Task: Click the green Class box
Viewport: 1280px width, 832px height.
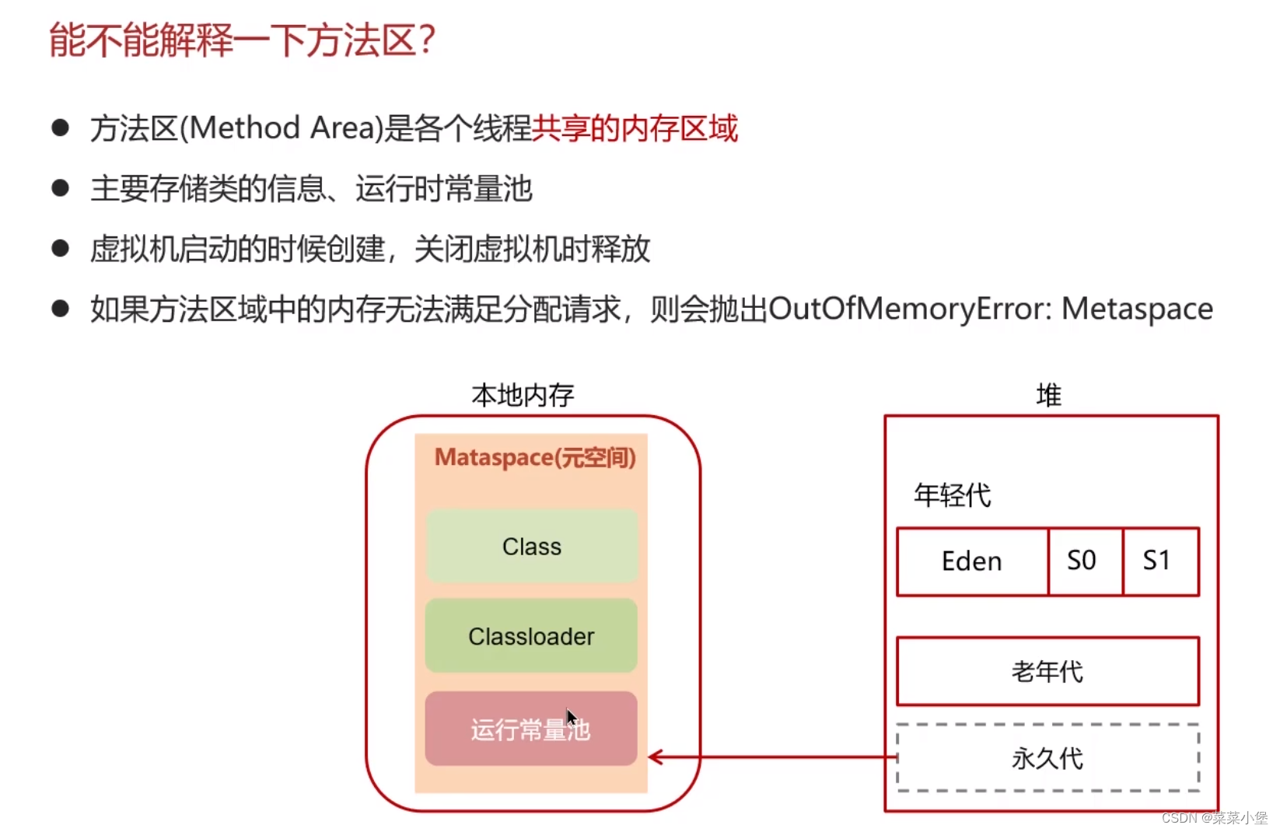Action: [531, 547]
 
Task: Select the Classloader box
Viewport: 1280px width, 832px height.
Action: [531, 636]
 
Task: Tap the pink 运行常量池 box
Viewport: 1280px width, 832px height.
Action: [531, 729]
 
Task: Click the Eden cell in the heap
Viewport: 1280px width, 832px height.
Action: [972, 561]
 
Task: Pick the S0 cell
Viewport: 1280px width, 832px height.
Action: [1082, 561]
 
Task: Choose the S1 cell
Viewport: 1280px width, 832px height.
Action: [1157, 561]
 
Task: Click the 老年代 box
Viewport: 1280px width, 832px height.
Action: [1047, 672]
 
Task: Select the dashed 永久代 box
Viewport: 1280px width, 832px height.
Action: [1047, 758]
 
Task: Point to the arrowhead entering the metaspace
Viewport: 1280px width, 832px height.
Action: [655, 757]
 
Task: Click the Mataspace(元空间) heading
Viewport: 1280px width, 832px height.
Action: [535, 458]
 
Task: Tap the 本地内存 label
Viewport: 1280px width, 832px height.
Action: [523, 396]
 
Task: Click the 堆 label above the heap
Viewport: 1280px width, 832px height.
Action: [1048, 396]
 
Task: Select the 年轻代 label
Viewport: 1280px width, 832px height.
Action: [952, 495]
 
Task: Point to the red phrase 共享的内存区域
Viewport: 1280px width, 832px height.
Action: [635, 128]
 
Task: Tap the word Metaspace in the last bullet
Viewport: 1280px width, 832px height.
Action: [1137, 309]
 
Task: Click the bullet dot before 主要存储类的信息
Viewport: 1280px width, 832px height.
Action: [61, 188]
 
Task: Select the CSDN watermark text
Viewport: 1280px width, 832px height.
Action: [1214, 818]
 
